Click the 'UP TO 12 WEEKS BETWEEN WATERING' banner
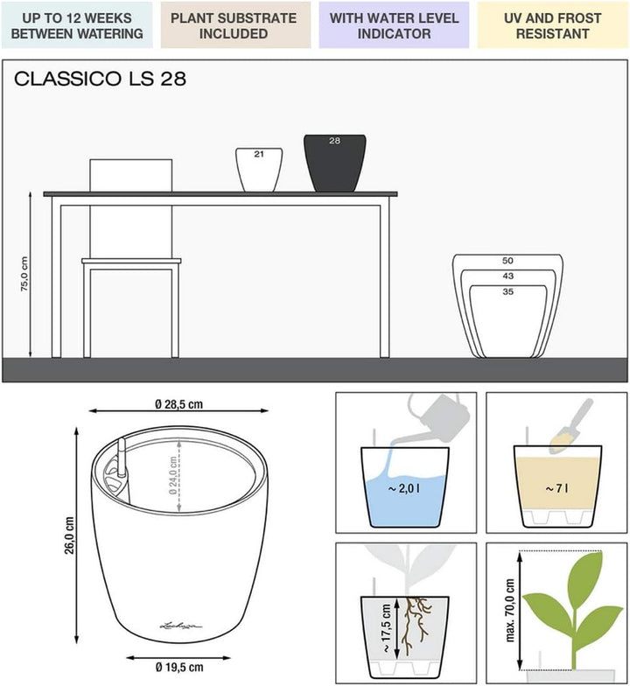coord(77,24)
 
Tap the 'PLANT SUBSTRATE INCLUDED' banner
coord(235,24)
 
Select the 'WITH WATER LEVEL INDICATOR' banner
coord(394,24)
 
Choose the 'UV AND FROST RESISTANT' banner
coord(553,24)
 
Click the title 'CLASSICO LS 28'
coord(100,79)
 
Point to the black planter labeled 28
coord(335,163)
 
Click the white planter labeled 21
coord(259,170)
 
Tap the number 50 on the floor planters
coord(507,261)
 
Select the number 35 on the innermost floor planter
coord(507,292)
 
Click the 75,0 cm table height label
coord(24,274)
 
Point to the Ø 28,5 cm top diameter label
coord(178,404)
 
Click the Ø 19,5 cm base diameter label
coord(179,667)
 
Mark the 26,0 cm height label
coord(70,535)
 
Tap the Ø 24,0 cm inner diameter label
coord(173,476)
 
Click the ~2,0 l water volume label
coord(404,488)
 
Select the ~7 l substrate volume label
coord(556,488)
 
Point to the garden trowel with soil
coord(570,425)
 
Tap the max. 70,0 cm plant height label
coord(510,611)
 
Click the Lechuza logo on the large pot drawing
coord(180,626)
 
